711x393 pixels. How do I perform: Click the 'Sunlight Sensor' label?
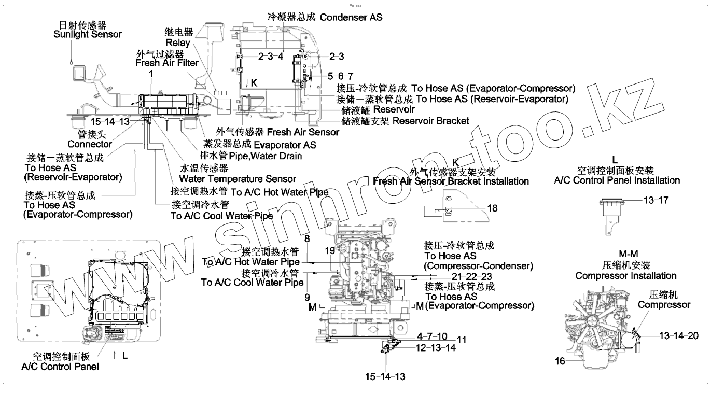coord(88,34)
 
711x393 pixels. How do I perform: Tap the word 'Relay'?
coord(178,43)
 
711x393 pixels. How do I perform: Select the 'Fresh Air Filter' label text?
coord(167,63)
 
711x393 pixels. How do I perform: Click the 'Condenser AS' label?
coord(351,17)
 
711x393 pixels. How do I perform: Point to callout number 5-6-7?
coord(341,76)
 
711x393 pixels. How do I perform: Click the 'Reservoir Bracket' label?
coord(430,121)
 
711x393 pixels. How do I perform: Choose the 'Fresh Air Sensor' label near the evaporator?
coord(303,132)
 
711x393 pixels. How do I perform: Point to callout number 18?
coord(492,208)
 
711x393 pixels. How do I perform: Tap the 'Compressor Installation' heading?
coord(626,276)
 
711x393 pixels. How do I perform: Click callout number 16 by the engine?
coord(560,361)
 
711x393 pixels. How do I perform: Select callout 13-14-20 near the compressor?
coord(678,335)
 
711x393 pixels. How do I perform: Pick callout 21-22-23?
coord(471,276)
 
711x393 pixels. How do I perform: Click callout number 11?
coord(462,340)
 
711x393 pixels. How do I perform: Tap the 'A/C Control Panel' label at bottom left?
coord(60,367)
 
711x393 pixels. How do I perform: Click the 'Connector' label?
coord(90,144)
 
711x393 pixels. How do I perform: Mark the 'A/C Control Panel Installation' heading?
coord(617,180)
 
